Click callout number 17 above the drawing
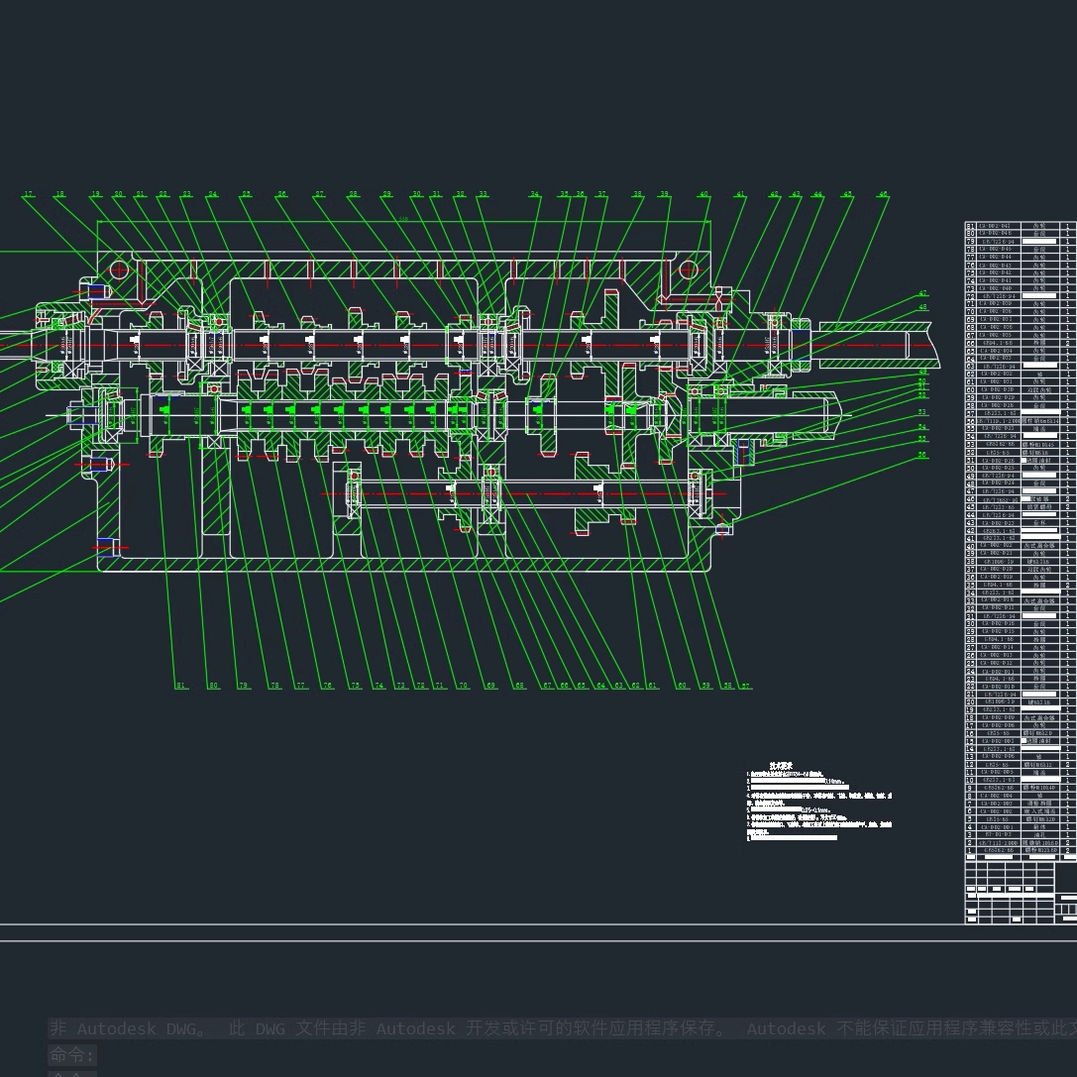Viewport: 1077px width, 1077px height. coord(29,194)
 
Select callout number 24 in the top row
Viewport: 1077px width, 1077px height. coord(212,194)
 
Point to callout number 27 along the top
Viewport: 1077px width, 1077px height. coord(320,194)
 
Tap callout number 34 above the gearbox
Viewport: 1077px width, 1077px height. coord(535,194)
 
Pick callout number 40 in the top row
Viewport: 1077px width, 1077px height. coord(703,194)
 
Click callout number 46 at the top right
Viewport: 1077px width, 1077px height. coord(884,194)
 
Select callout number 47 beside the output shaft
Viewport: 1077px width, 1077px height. coord(923,293)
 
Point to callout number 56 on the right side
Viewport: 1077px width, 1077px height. coord(922,455)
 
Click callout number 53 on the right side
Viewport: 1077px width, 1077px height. coord(922,411)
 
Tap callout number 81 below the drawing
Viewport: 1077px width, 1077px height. coord(180,686)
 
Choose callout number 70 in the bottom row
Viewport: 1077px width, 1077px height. coord(463,686)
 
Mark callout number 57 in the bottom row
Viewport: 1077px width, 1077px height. coord(746,686)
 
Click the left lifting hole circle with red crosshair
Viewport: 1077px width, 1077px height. coord(120,269)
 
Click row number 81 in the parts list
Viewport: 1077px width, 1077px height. coord(970,227)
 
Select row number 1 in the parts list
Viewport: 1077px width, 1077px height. coord(970,851)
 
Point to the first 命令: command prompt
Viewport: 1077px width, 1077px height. coord(72,1055)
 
